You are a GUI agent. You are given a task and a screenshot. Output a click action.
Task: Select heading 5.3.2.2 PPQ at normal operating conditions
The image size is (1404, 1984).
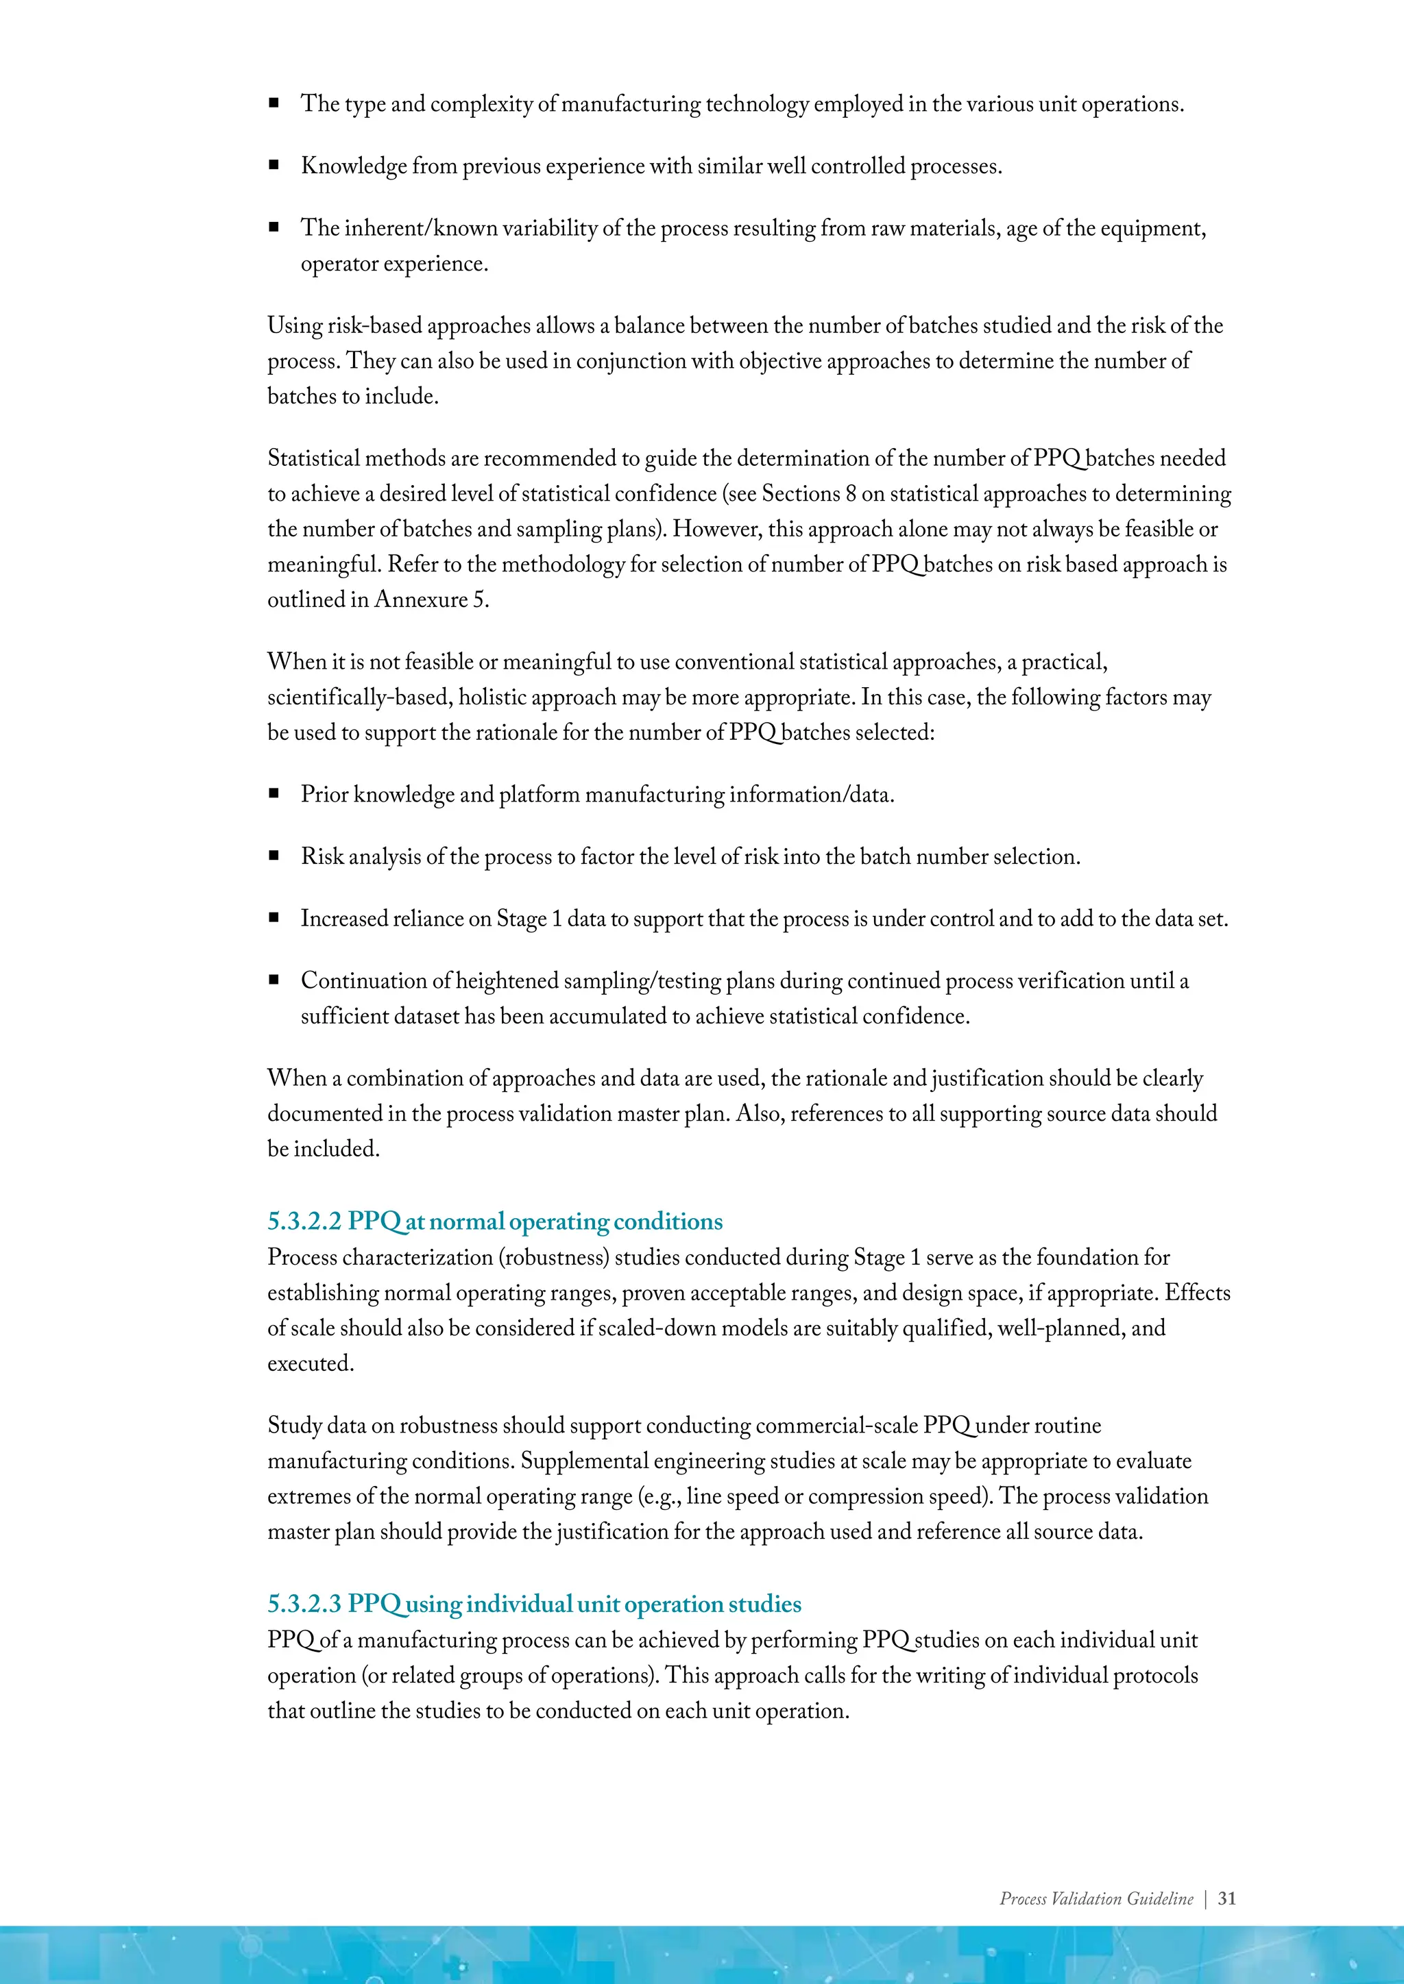(494, 1222)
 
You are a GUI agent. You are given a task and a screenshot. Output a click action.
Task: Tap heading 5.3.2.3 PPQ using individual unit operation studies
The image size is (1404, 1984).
(533, 1604)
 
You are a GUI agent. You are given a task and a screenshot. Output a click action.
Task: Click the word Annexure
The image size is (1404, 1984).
(421, 599)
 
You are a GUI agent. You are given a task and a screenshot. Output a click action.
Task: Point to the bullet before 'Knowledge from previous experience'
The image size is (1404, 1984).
(274, 165)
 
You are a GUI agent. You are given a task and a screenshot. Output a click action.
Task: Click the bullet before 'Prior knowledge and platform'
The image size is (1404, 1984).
(274, 793)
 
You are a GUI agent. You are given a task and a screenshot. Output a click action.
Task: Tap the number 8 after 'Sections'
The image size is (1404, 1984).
(851, 494)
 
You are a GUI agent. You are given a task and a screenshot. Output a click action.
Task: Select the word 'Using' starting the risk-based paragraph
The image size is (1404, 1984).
(294, 326)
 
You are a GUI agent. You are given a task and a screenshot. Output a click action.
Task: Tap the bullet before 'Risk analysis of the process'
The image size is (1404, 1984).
(274, 856)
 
